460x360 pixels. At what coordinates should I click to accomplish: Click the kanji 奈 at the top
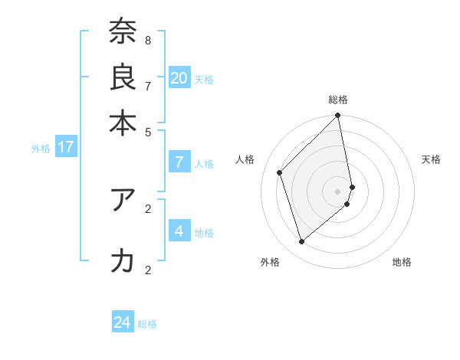pos(123,31)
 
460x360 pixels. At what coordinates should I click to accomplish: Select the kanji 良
pos(123,77)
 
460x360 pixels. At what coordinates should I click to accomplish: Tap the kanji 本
pos(123,123)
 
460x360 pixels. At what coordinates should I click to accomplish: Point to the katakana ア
pos(123,200)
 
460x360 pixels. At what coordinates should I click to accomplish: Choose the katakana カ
pos(123,261)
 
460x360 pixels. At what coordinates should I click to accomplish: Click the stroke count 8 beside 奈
pos(148,40)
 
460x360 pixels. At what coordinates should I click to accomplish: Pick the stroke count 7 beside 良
pos(148,85)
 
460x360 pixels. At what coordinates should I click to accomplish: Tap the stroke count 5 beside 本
pos(148,131)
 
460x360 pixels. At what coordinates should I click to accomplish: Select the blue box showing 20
pos(179,77)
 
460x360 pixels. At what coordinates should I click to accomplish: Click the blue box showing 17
pos(65,147)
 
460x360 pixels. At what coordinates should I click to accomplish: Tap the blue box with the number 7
pos(179,162)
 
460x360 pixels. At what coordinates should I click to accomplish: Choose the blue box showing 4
pos(179,231)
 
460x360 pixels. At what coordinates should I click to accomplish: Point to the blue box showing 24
pos(123,322)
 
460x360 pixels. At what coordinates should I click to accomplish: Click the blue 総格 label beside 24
pos(147,324)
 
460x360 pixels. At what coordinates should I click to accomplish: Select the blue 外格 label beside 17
pos(41,149)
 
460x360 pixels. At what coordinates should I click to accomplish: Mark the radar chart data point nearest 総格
pos(338,116)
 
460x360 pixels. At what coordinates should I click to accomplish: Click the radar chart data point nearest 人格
pos(280,172)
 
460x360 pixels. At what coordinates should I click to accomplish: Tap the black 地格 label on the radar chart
pos(402,263)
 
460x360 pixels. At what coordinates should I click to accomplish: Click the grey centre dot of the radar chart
pos(338,191)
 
